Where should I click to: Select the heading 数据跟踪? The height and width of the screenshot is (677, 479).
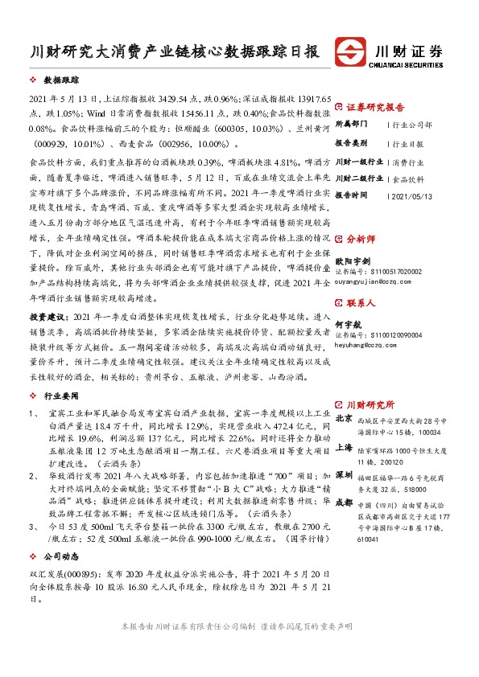pyautogui.click(x=61, y=82)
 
